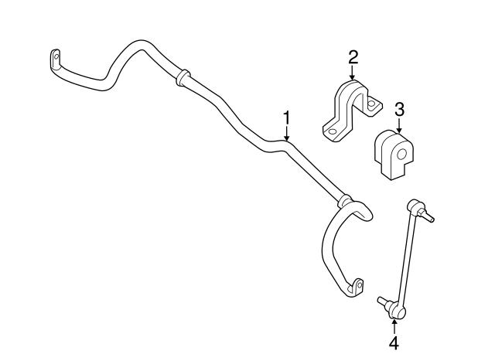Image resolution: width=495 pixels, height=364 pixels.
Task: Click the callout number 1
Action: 287,117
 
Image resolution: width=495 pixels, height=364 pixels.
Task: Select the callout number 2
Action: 353,57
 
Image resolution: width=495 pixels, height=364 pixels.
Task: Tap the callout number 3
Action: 399,110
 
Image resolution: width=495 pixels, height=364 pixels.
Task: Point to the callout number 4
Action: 394,343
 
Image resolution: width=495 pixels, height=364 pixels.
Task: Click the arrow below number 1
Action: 287,134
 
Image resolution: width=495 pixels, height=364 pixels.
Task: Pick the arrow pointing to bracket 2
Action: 353,73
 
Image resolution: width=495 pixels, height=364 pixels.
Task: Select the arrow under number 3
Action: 399,125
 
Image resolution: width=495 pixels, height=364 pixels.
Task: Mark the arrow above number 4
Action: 394,326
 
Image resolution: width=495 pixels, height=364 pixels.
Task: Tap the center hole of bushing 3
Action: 401,155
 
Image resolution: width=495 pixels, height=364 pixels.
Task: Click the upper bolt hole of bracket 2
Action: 371,104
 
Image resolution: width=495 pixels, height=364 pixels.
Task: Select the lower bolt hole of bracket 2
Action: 331,132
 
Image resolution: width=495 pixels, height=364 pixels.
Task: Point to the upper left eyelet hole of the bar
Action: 56,56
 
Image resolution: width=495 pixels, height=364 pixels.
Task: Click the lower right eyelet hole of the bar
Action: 360,285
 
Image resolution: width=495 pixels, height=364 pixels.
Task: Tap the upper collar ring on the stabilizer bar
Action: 183,77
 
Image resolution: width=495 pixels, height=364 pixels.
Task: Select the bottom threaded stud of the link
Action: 383,301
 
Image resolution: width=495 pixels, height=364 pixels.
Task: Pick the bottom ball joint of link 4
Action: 397,311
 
